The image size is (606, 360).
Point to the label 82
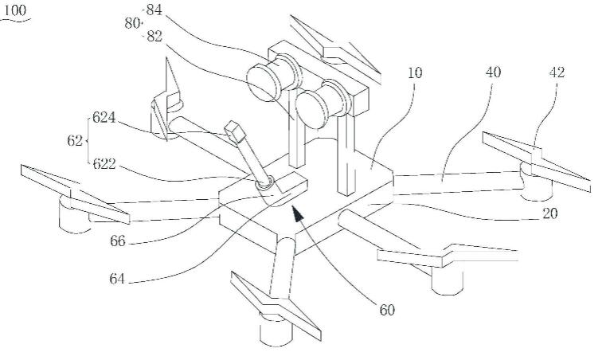(154, 37)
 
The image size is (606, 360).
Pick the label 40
(495, 72)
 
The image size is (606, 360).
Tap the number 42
(557, 72)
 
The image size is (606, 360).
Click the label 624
(104, 118)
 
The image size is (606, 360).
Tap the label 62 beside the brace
(74, 140)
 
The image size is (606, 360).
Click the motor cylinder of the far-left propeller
(76, 217)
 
